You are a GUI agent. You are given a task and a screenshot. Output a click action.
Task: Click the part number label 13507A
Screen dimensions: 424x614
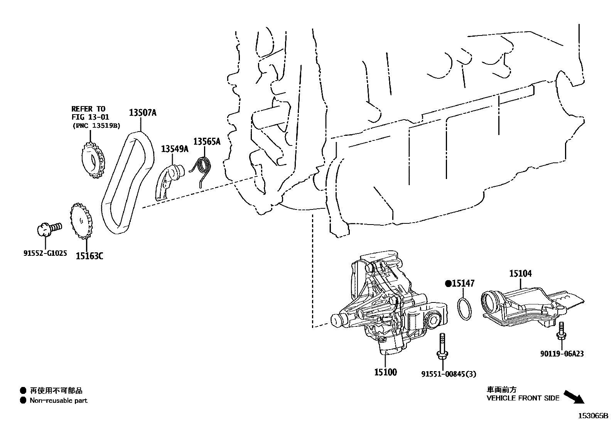click(x=142, y=113)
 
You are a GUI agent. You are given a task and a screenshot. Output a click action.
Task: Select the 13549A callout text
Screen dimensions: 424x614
click(x=174, y=149)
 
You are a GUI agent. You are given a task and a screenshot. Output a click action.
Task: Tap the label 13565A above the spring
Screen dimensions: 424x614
click(x=207, y=142)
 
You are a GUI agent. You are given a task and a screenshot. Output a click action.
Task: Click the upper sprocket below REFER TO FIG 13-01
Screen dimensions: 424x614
click(x=93, y=161)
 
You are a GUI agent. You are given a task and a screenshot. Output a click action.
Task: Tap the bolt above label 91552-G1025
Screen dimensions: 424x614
click(x=49, y=228)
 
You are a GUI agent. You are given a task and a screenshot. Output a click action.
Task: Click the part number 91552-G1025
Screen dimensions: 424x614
click(x=45, y=253)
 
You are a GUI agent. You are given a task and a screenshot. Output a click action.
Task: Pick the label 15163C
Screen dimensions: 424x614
click(x=89, y=255)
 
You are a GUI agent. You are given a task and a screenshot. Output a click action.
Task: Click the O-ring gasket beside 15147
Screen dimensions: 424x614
click(x=465, y=308)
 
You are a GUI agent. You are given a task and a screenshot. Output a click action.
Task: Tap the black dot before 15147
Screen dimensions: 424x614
click(x=448, y=284)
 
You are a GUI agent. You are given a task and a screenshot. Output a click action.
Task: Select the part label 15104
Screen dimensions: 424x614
click(x=520, y=274)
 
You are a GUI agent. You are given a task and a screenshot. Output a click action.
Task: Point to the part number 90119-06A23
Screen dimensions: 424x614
click(x=561, y=353)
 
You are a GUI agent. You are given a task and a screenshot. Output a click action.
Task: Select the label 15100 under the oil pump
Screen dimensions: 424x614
click(x=385, y=372)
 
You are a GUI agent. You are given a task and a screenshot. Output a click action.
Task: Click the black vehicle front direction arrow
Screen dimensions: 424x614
click(x=574, y=397)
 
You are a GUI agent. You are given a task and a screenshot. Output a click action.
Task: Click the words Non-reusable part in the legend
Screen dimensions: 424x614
click(x=59, y=400)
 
